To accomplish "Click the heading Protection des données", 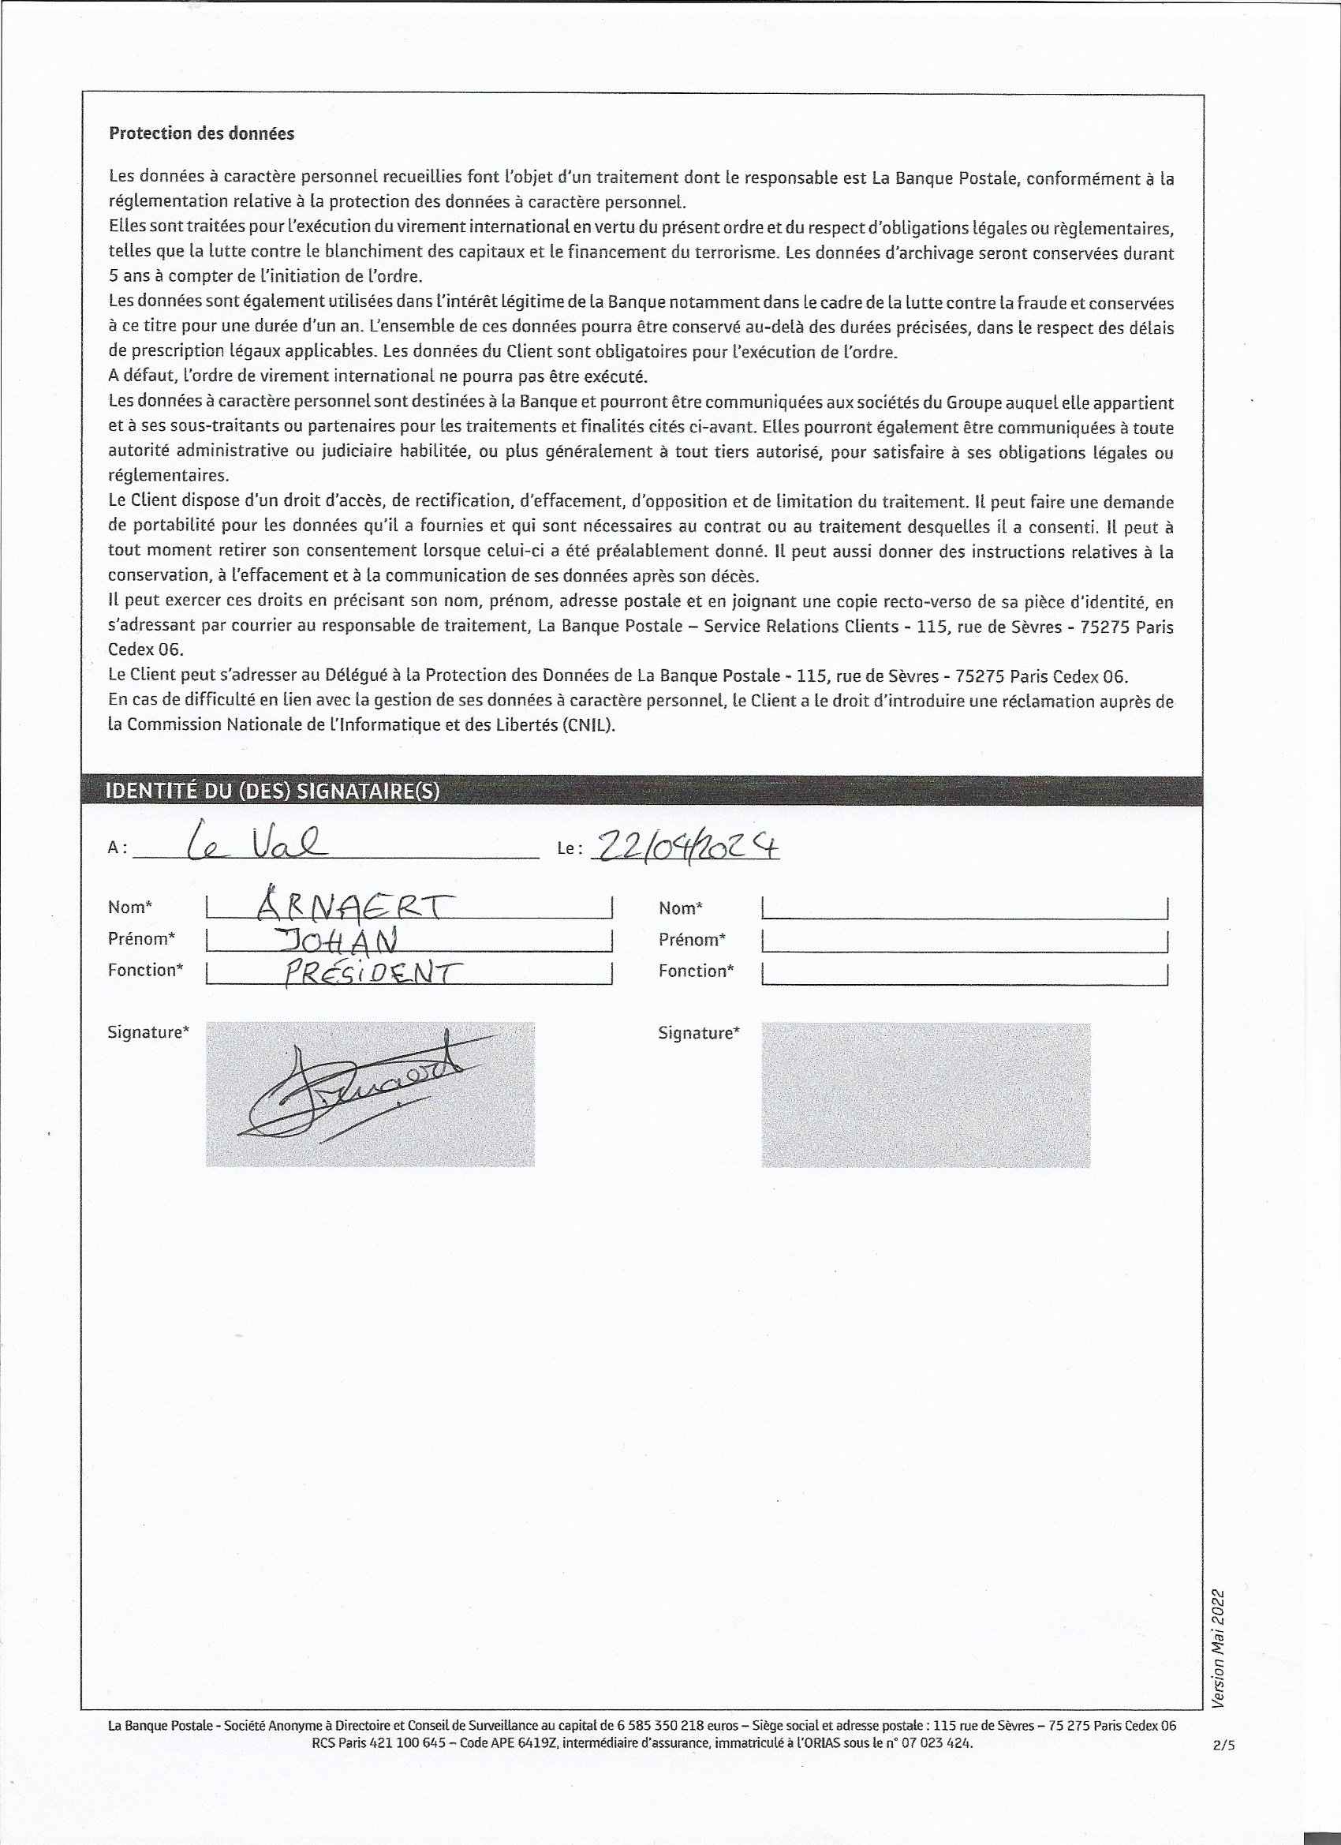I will pyautogui.click(x=201, y=133).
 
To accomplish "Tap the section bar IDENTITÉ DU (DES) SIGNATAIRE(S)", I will pyautogui.click(x=272, y=792).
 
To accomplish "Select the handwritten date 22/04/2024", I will pyautogui.click(x=688, y=847).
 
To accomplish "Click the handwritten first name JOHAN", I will pyautogui.click(x=338, y=941).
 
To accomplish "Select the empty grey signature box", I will pyautogui.click(x=925, y=1095).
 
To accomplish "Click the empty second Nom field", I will pyautogui.click(x=965, y=908).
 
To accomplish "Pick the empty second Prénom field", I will pyautogui.click(x=965, y=941).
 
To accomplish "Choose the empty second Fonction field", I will pyautogui.click(x=965, y=972).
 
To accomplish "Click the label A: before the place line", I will pyautogui.click(x=117, y=848).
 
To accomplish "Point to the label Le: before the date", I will pyautogui.click(x=570, y=848).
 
